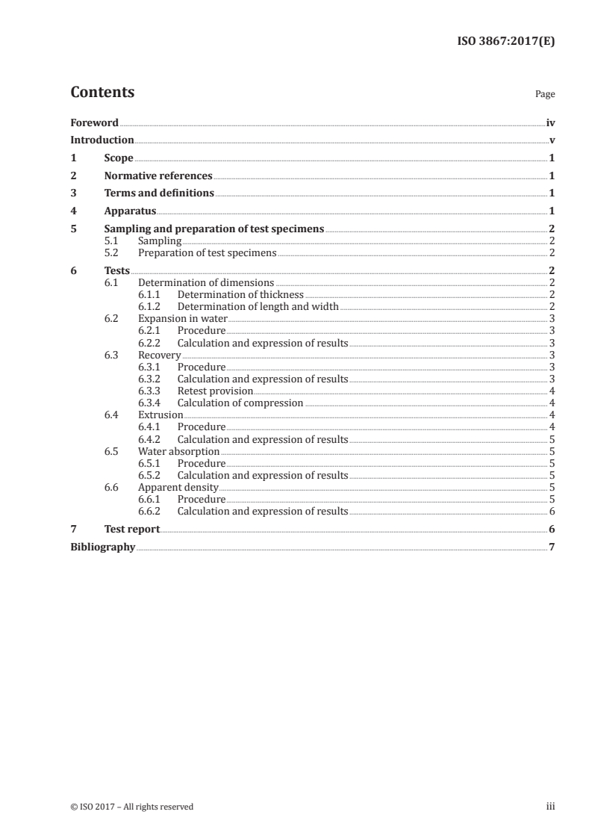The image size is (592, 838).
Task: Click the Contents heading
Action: pos(102,93)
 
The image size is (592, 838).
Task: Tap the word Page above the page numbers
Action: pos(545,95)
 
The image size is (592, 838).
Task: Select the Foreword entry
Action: pos(94,122)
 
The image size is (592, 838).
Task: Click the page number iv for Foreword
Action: pos(550,122)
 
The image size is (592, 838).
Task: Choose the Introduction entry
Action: pos(102,140)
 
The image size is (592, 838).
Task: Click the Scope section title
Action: pos(119,158)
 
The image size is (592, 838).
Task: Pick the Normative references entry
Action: pos(158,176)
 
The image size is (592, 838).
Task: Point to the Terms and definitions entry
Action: pos(159,193)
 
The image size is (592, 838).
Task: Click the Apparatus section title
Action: pos(130,211)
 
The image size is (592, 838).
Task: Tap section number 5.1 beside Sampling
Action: pos(111,241)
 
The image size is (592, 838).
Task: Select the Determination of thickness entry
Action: pos(240,295)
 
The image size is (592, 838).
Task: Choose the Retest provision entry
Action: pos(215,391)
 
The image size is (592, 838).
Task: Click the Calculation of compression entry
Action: pos(240,403)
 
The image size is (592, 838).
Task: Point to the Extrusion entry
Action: pos(161,415)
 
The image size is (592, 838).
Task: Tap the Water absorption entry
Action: pos(179,452)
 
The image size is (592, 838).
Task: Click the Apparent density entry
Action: pos(178,488)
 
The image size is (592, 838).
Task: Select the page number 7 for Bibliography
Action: pos(552,547)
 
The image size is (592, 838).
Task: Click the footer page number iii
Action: pos(551,807)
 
